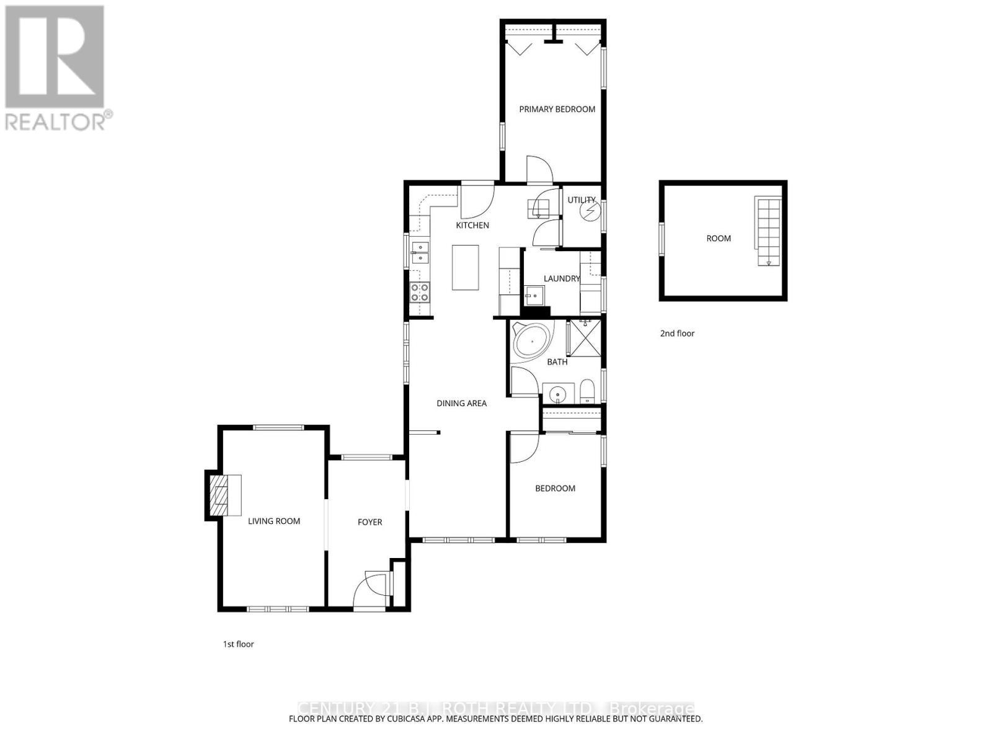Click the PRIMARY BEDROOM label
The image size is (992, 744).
tap(557, 109)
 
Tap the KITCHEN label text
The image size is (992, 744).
tap(472, 225)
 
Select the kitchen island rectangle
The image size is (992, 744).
tap(466, 267)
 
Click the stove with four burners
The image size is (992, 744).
tap(420, 292)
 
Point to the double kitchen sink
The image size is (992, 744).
tap(420, 252)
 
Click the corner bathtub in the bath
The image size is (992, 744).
tap(531, 341)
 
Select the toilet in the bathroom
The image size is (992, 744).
tap(587, 392)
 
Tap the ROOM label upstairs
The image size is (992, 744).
tap(719, 238)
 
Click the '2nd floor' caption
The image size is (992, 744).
tap(677, 334)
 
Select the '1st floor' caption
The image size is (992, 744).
tap(239, 644)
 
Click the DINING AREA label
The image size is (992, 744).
tap(461, 404)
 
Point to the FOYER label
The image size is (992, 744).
tap(370, 522)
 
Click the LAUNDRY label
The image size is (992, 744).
tap(561, 279)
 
